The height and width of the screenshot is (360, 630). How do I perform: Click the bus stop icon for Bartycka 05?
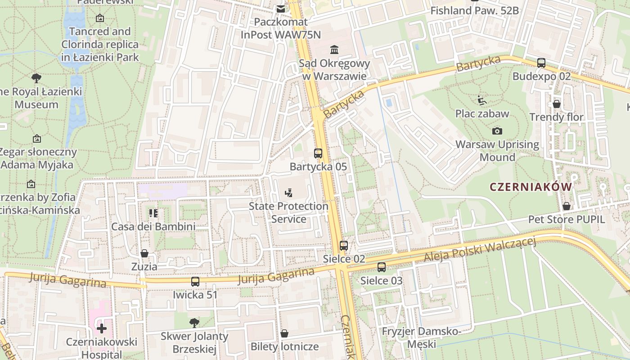(x=318, y=153)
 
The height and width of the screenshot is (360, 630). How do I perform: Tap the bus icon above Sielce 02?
(x=344, y=245)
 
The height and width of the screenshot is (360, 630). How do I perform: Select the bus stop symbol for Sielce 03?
(x=382, y=267)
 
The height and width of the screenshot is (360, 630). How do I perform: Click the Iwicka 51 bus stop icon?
(x=195, y=282)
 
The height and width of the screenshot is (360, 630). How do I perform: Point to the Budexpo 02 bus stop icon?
(x=541, y=63)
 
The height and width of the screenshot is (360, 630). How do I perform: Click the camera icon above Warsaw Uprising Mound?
(x=497, y=131)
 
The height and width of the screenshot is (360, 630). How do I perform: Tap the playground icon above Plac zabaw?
(x=482, y=100)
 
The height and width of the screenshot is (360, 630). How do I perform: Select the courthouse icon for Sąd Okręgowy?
(x=334, y=49)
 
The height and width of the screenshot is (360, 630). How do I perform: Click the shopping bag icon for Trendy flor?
(x=557, y=104)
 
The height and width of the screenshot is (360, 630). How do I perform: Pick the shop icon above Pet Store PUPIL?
(x=567, y=206)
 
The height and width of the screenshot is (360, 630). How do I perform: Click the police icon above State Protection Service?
(x=288, y=193)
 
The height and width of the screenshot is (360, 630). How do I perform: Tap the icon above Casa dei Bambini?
(x=153, y=213)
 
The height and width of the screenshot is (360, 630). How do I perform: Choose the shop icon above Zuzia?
(x=144, y=253)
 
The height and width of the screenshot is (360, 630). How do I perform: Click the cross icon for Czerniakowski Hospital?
(x=102, y=328)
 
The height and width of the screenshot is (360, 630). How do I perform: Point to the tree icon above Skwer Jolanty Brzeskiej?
(x=194, y=322)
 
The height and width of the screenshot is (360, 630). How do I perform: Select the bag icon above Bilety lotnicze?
(x=284, y=333)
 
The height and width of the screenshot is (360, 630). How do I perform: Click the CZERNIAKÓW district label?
(x=531, y=187)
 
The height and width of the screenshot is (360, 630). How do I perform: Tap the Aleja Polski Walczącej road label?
(x=480, y=251)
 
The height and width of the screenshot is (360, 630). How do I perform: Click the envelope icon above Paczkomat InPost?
(x=281, y=9)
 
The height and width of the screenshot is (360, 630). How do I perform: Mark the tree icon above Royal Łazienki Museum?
(x=36, y=78)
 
